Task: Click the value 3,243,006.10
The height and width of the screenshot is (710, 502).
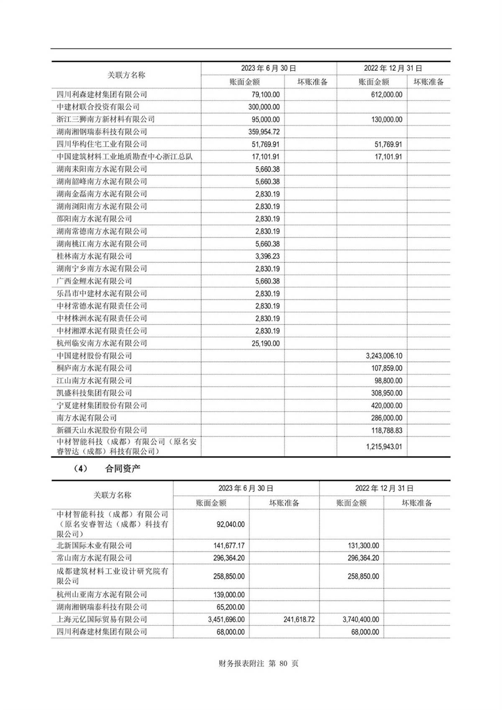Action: [x=384, y=356]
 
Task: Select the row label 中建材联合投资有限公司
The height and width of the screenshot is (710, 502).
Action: [x=98, y=107]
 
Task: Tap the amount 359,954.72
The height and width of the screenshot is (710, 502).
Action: [x=264, y=132]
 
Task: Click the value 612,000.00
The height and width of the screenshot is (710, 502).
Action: [x=387, y=95]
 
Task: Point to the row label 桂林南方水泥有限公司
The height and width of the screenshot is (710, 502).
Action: [x=94, y=256]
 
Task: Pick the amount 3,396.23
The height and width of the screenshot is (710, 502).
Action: [x=268, y=256]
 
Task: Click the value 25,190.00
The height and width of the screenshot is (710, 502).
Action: [x=266, y=343]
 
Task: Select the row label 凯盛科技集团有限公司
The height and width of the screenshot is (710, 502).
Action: [x=94, y=393]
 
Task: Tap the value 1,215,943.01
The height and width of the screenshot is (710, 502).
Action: [x=384, y=447]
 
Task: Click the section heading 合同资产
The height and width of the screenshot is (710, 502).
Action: [x=123, y=469]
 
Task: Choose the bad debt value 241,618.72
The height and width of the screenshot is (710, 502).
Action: [x=299, y=620]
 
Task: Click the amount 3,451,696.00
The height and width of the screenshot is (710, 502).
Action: [x=226, y=620]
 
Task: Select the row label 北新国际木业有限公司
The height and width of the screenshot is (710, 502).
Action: [x=94, y=546]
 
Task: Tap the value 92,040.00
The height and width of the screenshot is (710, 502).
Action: [x=231, y=524]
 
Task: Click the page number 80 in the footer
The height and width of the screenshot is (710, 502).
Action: [x=284, y=664]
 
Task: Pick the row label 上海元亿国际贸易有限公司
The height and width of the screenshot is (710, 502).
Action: [x=102, y=620]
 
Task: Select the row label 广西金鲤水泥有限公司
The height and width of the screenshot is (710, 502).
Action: [x=94, y=281]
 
